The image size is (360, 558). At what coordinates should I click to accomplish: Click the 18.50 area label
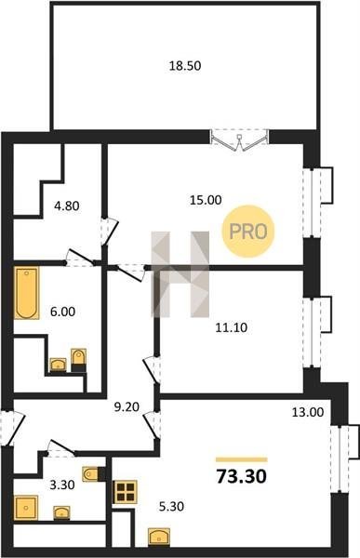tap(185, 66)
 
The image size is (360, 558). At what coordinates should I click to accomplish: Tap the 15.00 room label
tap(206, 200)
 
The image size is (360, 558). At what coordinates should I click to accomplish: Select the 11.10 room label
tap(231, 327)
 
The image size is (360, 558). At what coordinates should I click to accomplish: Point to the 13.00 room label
tap(308, 412)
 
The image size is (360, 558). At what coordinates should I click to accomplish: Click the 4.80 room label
tap(67, 206)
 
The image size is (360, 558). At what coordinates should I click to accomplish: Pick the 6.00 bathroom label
tap(62, 312)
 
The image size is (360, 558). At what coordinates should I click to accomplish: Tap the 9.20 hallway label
tap(127, 406)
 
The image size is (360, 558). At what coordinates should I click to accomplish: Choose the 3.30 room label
tap(62, 485)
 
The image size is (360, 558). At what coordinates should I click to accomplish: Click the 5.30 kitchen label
tap(171, 506)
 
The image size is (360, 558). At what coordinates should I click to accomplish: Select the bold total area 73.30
tap(242, 476)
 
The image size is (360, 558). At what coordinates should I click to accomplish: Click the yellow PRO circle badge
tap(248, 232)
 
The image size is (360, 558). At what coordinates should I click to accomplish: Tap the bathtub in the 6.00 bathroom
tap(27, 293)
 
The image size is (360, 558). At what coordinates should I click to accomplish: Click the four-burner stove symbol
tap(125, 492)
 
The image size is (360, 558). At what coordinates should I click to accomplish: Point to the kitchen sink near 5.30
tap(159, 538)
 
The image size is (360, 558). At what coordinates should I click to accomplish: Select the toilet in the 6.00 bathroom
tap(78, 360)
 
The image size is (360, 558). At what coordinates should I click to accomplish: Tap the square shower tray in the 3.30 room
tap(26, 508)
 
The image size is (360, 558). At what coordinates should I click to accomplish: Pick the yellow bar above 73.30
tap(242, 459)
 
